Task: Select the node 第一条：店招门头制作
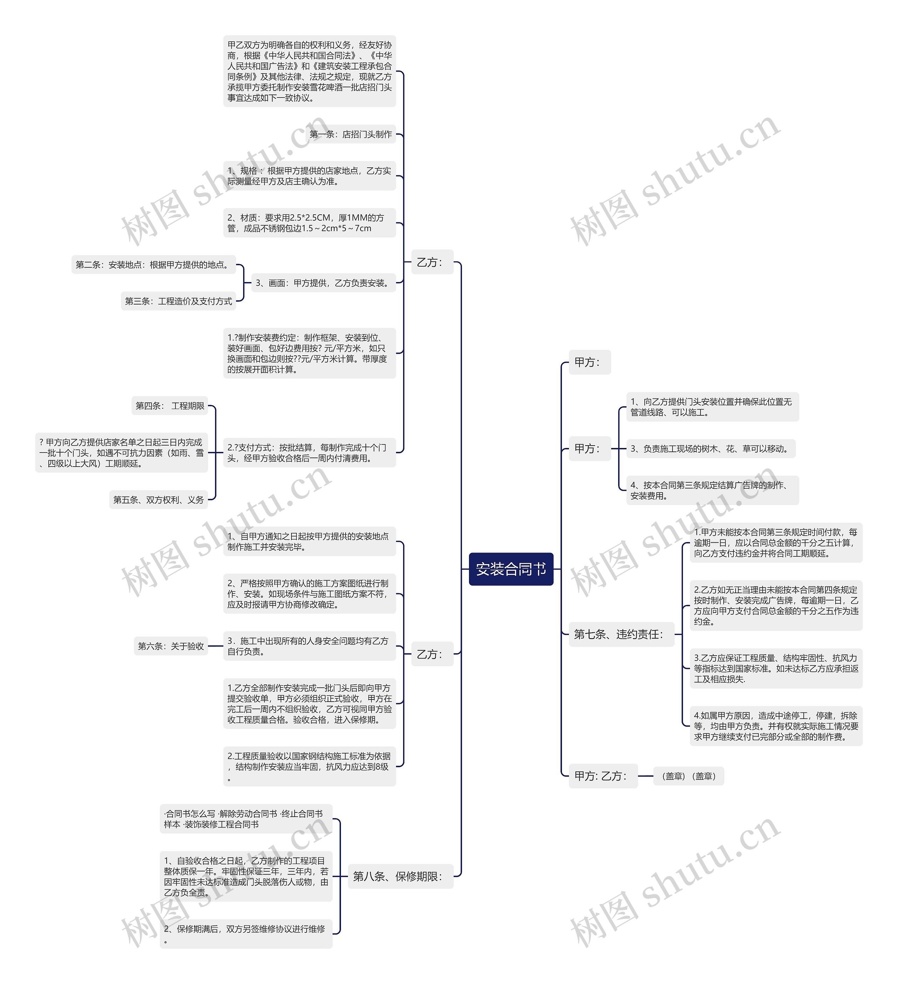click(x=350, y=134)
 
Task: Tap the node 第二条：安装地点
click(x=153, y=265)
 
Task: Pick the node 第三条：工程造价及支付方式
click(x=178, y=301)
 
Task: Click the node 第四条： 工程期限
click(x=170, y=406)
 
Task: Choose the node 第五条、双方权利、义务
click(x=158, y=500)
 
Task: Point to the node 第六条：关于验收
click(x=170, y=646)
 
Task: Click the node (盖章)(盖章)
click(x=688, y=776)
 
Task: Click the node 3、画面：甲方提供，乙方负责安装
click(x=323, y=283)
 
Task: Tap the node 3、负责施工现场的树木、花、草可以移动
click(x=710, y=449)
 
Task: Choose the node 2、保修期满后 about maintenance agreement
click(x=246, y=934)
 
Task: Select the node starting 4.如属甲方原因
click(x=776, y=726)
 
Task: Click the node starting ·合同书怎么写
click(x=246, y=819)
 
